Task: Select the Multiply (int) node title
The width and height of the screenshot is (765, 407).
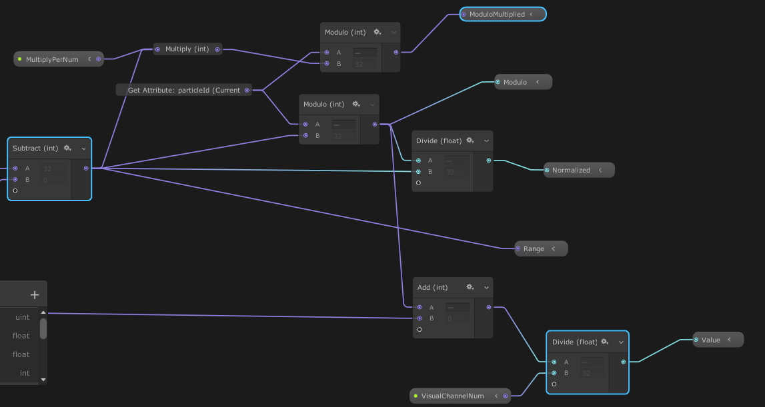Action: pyautogui.click(x=187, y=49)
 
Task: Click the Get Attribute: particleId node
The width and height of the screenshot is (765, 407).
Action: pyautogui.click(x=183, y=90)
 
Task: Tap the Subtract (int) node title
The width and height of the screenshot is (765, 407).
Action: pyautogui.click(x=35, y=149)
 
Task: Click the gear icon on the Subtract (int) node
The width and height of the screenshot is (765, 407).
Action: pyautogui.click(x=67, y=149)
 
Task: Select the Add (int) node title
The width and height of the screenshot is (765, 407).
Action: pyautogui.click(x=432, y=287)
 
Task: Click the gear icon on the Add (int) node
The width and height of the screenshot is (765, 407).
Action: pyautogui.click(x=470, y=287)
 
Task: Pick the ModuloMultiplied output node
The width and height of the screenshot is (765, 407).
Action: pyautogui.click(x=497, y=14)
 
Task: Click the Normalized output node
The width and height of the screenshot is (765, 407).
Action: pyautogui.click(x=571, y=170)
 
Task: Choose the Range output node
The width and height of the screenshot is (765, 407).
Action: pyautogui.click(x=534, y=248)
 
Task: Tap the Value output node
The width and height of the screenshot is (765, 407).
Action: pyautogui.click(x=711, y=340)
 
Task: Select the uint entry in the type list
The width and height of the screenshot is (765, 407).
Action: pyautogui.click(x=23, y=317)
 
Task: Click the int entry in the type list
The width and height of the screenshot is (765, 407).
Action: pyautogui.click(x=25, y=373)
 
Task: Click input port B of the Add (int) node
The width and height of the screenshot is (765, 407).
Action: pyautogui.click(x=420, y=318)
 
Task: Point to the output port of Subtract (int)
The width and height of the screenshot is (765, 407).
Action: pyautogui.click(x=86, y=169)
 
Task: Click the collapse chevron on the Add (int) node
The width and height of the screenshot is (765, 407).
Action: pyautogui.click(x=486, y=288)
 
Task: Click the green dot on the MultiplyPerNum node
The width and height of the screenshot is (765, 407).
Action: pyautogui.click(x=20, y=59)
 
